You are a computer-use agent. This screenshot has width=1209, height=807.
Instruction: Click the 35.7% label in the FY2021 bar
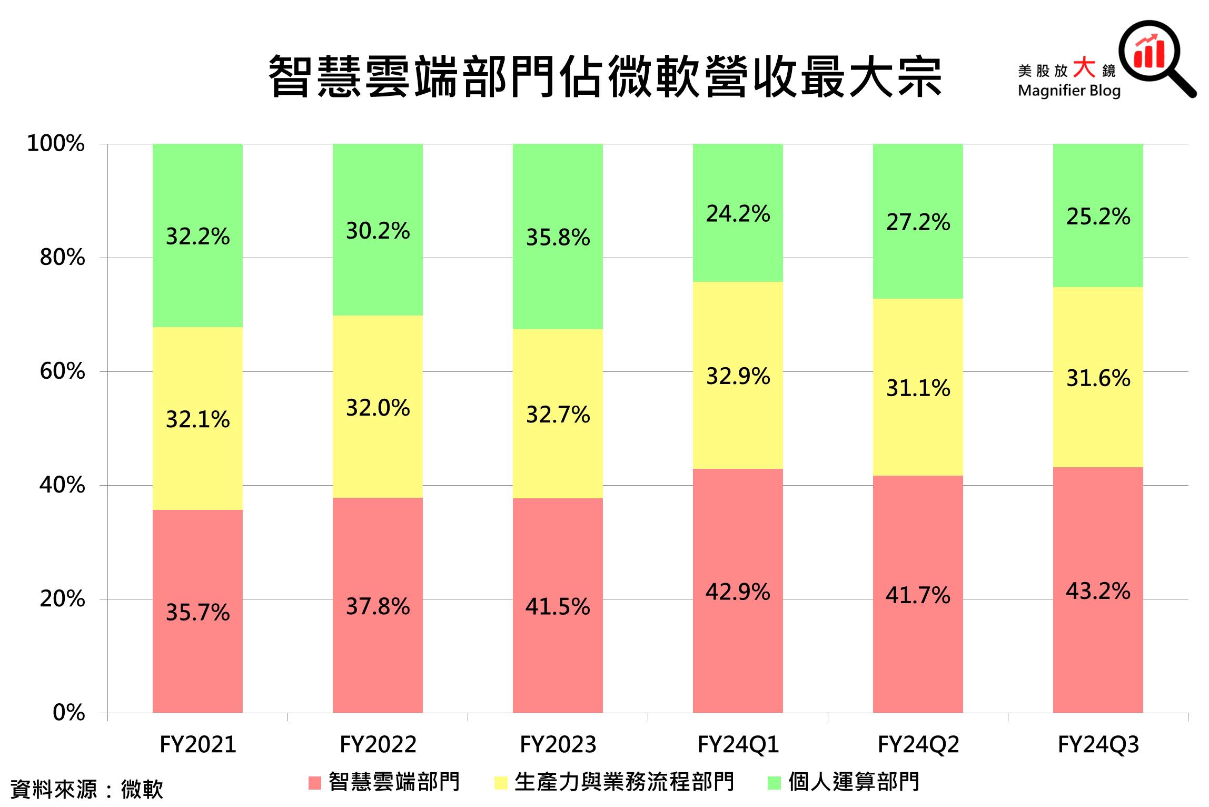(197, 612)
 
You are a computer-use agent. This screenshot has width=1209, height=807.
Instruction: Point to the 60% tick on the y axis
(62, 371)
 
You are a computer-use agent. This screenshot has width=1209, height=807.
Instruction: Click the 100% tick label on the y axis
(55, 143)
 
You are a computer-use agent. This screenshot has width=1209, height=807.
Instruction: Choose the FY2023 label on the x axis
(558, 745)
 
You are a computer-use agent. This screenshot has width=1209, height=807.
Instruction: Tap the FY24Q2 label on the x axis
(918, 745)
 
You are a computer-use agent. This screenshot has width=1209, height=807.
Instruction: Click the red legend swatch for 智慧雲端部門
(314, 783)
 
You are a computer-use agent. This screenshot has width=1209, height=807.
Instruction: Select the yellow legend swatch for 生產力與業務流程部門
(501, 783)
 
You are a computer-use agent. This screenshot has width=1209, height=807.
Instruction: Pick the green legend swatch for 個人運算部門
(774, 783)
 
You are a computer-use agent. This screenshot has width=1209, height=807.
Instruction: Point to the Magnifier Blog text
(1069, 91)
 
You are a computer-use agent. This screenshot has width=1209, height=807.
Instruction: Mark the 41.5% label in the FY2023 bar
(558, 606)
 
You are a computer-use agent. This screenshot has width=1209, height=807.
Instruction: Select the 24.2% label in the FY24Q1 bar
(738, 213)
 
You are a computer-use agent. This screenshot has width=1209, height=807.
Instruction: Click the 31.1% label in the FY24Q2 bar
(918, 388)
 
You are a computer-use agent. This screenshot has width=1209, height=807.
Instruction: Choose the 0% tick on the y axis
(68, 713)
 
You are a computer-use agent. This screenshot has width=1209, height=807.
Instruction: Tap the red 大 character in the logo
(1084, 67)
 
